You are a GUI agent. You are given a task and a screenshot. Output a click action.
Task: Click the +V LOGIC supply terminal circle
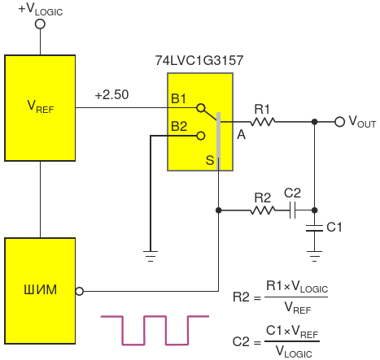point(40,24)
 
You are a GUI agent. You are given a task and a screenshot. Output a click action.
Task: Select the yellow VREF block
point(40,108)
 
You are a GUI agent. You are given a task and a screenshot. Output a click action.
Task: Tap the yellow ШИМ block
point(40,291)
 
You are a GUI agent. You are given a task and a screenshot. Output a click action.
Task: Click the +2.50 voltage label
point(111,95)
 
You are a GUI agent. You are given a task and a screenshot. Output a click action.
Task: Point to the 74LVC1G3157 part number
point(199,60)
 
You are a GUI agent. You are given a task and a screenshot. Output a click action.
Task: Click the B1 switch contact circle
point(201,108)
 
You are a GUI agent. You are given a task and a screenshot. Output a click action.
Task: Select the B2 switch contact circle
point(201,136)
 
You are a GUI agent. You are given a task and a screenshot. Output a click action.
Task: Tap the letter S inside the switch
point(210,160)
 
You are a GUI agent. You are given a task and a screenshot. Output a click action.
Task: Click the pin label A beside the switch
point(241,134)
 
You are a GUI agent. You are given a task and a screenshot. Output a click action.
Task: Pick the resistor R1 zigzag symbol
point(262,122)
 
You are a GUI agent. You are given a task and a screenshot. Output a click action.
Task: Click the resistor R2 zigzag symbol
point(262,210)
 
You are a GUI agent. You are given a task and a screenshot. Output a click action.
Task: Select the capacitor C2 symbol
point(292,210)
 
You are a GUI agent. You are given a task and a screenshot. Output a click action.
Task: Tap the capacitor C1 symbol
point(314,228)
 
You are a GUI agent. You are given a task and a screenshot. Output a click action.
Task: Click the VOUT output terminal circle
point(339,122)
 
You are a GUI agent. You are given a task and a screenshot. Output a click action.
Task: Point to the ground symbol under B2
point(151,256)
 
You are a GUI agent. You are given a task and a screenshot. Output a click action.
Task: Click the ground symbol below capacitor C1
point(314,256)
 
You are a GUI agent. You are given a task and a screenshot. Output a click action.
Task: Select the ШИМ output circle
point(79,292)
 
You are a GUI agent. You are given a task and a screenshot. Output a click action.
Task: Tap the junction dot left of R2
point(218,210)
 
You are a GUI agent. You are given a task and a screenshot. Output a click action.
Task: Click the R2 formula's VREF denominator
point(298,309)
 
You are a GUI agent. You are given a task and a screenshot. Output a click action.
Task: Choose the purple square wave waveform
point(155,330)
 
